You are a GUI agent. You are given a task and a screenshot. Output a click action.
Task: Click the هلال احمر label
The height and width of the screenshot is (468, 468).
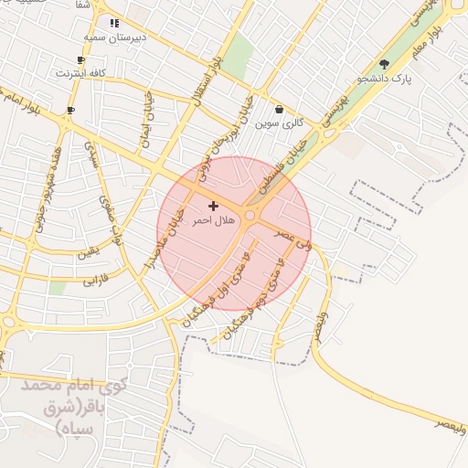[213, 220]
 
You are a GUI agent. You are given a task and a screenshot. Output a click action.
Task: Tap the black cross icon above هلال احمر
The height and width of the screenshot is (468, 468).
[213, 207]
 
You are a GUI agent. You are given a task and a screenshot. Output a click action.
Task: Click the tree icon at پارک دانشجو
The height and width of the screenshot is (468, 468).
[384, 65]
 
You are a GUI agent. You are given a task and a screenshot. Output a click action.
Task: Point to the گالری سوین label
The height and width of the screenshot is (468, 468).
[279, 122]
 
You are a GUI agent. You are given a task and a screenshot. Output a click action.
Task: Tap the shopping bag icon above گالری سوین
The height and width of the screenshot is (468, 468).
[279, 110]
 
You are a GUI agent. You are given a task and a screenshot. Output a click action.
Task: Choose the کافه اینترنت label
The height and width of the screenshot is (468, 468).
[81, 72]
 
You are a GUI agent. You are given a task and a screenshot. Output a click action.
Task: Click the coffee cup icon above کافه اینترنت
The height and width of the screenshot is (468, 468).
[81, 59]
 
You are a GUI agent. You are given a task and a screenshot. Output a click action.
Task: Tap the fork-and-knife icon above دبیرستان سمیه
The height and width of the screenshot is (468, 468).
[113, 23]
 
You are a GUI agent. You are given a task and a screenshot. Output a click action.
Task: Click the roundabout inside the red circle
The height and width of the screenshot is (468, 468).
[250, 216]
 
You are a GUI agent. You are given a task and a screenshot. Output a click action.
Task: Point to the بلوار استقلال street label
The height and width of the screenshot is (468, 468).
[206, 81]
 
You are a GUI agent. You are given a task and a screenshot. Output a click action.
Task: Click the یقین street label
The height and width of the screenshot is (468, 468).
[88, 252]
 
